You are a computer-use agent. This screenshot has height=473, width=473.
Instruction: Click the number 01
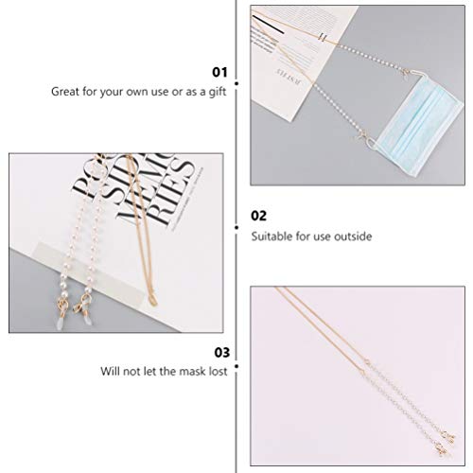point(219,71)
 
